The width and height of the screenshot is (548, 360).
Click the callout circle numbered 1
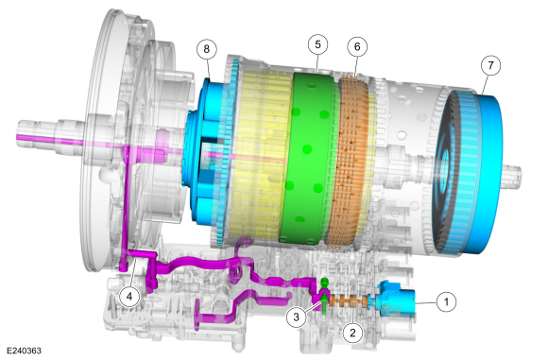[446, 301]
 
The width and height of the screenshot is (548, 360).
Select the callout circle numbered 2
[352, 333]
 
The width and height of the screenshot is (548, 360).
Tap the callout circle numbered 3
[297, 317]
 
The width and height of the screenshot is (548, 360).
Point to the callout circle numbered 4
[129, 297]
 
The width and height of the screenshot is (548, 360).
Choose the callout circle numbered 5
[317, 44]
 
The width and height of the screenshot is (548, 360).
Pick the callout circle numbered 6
[357, 46]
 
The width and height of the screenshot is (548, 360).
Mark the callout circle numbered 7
[490, 65]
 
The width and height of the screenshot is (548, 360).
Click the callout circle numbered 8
[207, 49]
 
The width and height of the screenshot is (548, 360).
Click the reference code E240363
[24, 351]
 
